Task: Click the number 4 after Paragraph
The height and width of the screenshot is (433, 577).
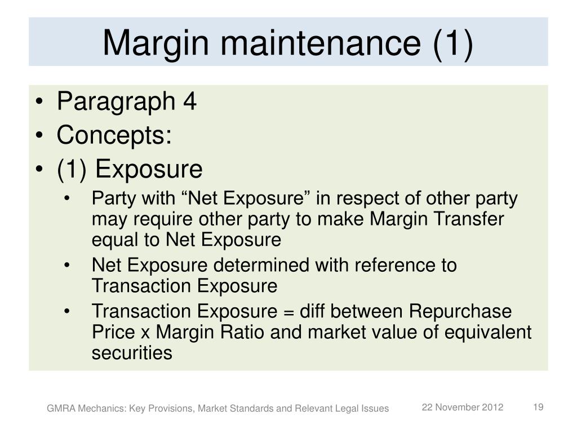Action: click(x=189, y=103)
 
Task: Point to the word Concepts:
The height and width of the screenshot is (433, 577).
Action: click(x=114, y=135)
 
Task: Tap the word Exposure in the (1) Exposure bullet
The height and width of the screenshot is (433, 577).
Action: click(x=148, y=169)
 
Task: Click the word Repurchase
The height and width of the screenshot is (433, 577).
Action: click(x=460, y=311)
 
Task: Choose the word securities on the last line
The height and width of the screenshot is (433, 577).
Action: click(x=131, y=353)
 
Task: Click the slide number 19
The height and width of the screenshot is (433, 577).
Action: click(x=538, y=407)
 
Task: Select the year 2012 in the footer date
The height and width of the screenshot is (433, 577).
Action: click(x=492, y=407)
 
